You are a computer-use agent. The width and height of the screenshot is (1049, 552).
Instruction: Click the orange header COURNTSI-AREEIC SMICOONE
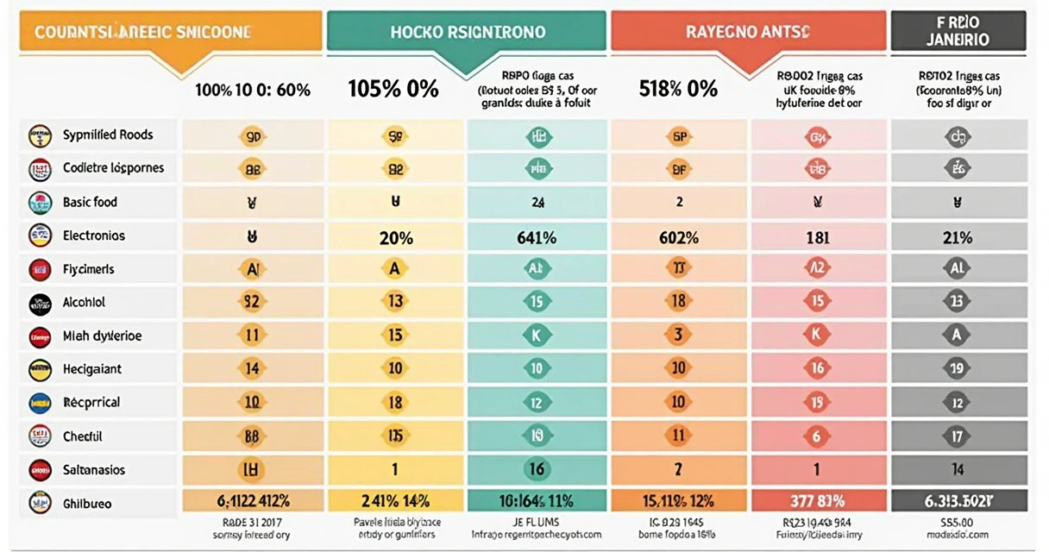pyautogui.click(x=142, y=32)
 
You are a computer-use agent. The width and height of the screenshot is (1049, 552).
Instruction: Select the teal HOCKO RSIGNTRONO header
pyautogui.click(x=468, y=32)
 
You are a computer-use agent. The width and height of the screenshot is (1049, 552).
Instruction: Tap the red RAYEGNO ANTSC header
pyautogui.click(x=748, y=32)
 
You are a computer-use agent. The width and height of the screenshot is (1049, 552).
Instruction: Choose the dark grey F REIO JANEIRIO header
pyautogui.click(x=958, y=31)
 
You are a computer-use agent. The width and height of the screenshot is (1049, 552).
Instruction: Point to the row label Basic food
pyautogui.click(x=90, y=202)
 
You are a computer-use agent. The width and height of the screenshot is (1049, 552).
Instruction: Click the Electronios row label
pyautogui.click(x=93, y=235)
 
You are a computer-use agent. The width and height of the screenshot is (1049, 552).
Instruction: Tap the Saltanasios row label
pyautogui.click(x=93, y=470)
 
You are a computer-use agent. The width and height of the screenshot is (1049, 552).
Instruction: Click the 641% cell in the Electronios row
pyautogui.click(x=537, y=238)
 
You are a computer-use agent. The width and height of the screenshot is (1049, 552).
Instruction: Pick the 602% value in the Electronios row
pyautogui.click(x=679, y=238)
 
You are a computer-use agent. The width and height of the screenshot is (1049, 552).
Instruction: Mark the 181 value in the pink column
pyautogui.click(x=817, y=238)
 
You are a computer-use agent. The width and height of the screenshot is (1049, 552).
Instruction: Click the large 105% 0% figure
pyautogui.click(x=393, y=89)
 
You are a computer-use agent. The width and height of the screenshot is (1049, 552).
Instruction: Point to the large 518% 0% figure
pyautogui.click(x=678, y=89)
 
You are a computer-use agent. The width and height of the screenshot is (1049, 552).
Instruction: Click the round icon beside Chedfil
pyautogui.click(x=41, y=436)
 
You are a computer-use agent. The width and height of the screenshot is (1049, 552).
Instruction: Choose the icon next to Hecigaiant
pyautogui.click(x=41, y=369)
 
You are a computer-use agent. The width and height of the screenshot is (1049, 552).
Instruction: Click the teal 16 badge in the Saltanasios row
pyautogui.click(x=537, y=470)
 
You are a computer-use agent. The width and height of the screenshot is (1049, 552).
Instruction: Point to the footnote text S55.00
pyautogui.click(x=958, y=523)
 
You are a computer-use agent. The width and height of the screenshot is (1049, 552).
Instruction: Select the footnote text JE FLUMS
pyautogui.click(x=536, y=523)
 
